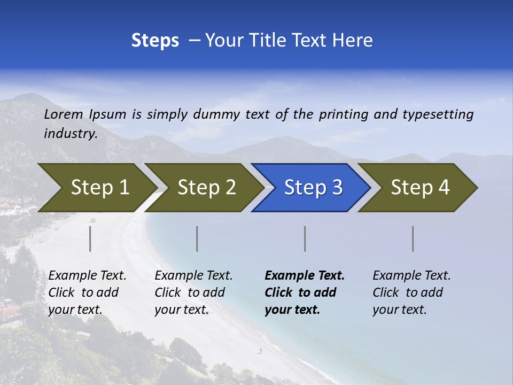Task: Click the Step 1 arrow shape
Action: click(96, 188)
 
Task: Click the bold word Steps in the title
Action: click(155, 40)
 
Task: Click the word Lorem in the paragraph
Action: click(64, 114)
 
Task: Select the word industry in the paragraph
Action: click(71, 133)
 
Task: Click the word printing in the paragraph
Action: click(344, 114)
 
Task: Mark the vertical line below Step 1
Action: click(90, 238)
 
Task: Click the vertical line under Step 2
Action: click(197, 238)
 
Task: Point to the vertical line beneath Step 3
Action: click(305, 238)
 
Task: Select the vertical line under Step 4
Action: click(413, 238)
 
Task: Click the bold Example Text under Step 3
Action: click(305, 275)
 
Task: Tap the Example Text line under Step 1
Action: click(87, 275)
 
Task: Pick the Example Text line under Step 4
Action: click(411, 275)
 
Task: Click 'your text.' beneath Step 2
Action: click(182, 310)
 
